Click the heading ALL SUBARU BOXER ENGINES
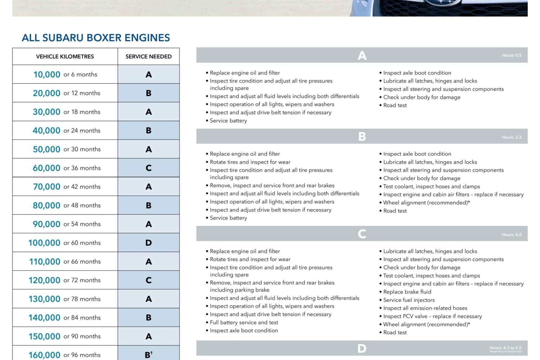click(x=96, y=38)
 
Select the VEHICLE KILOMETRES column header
click(x=65, y=56)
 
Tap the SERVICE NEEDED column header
click(x=148, y=56)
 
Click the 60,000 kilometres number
click(x=46, y=168)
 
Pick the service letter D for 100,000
click(x=148, y=243)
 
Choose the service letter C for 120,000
click(x=148, y=280)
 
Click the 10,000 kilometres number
click(x=47, y=74)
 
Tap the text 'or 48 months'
click(x=82, y=205)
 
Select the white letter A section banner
click(x=362, y=55)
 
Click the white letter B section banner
click(x=362, y=137)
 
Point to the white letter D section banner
click(x=362, y=349)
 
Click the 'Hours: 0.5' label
click(x=511, y=55)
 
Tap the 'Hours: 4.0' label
click(x=511, y=235)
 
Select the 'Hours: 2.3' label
click(x=511, y=137)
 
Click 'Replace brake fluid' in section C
click(x=407, y=292)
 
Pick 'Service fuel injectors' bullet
click(x=409, y=300)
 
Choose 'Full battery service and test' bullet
click(x=244, y=322)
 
